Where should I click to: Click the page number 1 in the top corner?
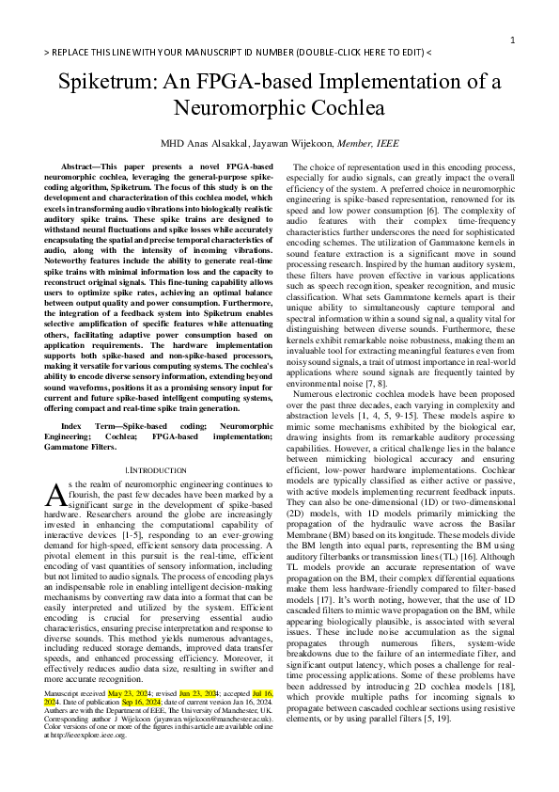[512, 40]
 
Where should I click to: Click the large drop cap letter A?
[54, 494]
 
